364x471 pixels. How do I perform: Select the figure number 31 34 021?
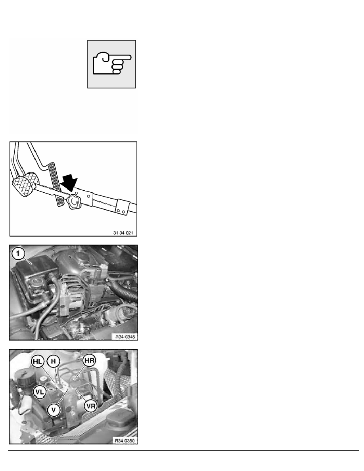pyautogui.click(x=123, y=233)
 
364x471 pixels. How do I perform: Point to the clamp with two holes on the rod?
pyautogui.click(x=123, y=208)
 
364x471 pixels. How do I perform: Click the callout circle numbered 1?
pyautogui.click(x=18, y=253)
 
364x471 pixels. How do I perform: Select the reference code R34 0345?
pyautogui.click(x=125, y=337)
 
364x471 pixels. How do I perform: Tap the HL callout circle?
pyautogui.click(x=38, y=361)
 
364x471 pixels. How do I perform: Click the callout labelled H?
pyautogui.click(x=54, y=361)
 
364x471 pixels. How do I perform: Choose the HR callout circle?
pyautogui.click(x=89, y=360)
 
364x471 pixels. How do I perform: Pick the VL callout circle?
pyautogui.click(x=39, y=392)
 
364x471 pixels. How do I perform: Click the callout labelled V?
pyautogui.click(x=54, y=410)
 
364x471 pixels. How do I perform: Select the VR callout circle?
pyautogui.click(x=90, y=406)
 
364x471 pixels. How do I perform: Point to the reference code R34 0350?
pyautogui.click(x=125, y=440)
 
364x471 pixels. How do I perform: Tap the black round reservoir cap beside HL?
pyautogui.click(x=23, y=381)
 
